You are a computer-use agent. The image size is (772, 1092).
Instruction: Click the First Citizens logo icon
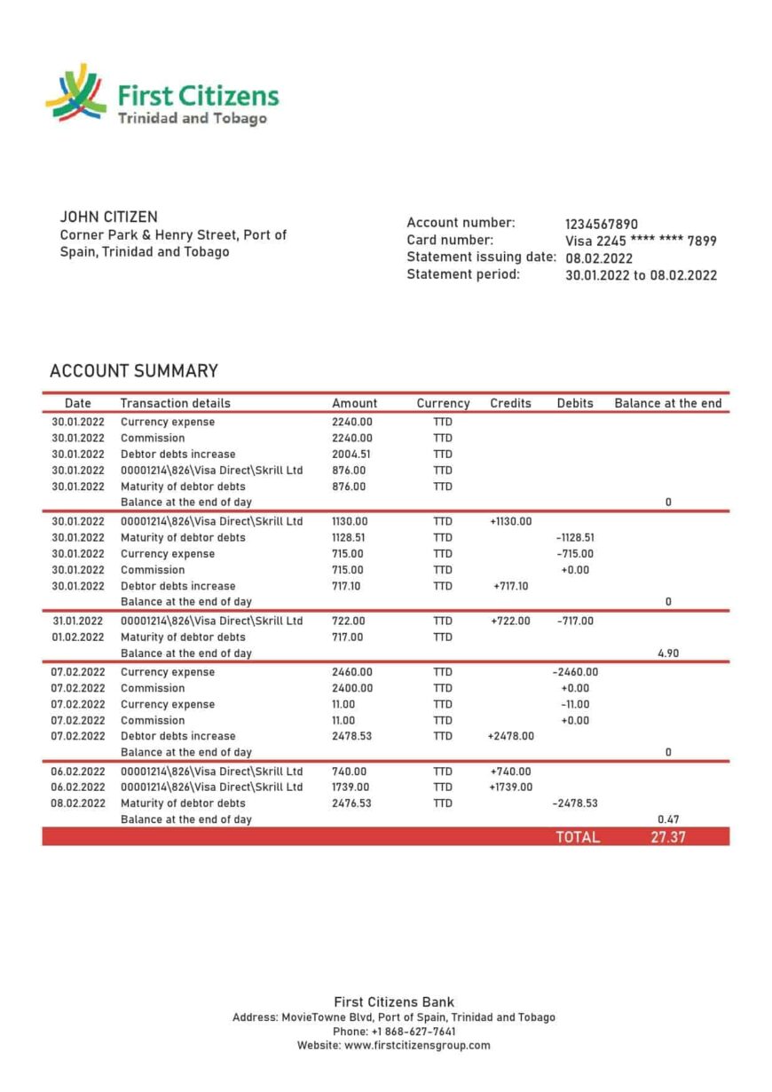tap(76, 94)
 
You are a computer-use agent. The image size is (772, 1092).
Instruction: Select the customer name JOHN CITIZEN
tap(108, 217)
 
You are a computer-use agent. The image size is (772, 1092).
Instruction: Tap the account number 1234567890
tap(601, 225)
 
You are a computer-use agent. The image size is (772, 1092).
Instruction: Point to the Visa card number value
tap(641, 241)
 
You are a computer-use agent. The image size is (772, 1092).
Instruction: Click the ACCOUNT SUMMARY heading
tap(134, 371)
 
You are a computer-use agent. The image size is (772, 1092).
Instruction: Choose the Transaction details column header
tap(175, 403)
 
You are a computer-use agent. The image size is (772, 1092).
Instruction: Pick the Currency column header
tap(443, 403)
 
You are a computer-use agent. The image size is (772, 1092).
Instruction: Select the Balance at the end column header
tap(667, 403)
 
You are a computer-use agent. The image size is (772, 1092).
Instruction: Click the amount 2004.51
tap(351, 455)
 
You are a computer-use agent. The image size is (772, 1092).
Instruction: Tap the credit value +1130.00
tap(510, 522)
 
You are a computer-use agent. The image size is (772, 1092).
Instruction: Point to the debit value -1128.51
tap(574, 538)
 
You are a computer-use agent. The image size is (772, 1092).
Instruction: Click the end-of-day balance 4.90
tap(668, 653)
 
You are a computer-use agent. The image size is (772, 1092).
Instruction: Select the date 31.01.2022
tap(77, 621)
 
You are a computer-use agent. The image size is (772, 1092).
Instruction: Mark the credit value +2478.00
tap(510, 737)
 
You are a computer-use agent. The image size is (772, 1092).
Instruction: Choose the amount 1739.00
tap(351, 787)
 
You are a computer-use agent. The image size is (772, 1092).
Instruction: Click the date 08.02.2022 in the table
tap(77, 803)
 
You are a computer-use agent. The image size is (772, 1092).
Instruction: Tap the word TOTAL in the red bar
tap(578, 837)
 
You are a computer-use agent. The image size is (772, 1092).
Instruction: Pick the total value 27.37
tap(667, 837)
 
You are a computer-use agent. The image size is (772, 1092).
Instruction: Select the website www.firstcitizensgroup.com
tap(417, 1046)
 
